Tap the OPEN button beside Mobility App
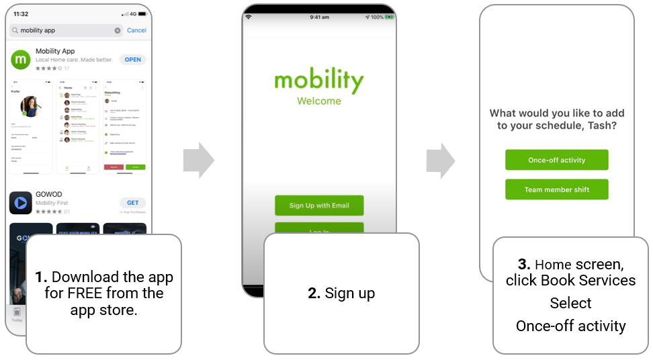[133, 60]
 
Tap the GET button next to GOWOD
[133, 202]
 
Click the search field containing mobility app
[64, 30]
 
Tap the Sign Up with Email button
[319, 206]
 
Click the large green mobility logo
[319, 81]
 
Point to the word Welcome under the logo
[319, 101]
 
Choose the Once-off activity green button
[556, 161]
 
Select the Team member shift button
[556, 189]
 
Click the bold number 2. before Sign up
[314, 294]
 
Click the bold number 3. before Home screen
[524, 264]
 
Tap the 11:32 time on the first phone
[21, 13]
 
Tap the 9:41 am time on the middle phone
[319, 17]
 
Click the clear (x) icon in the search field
[118, 30]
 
